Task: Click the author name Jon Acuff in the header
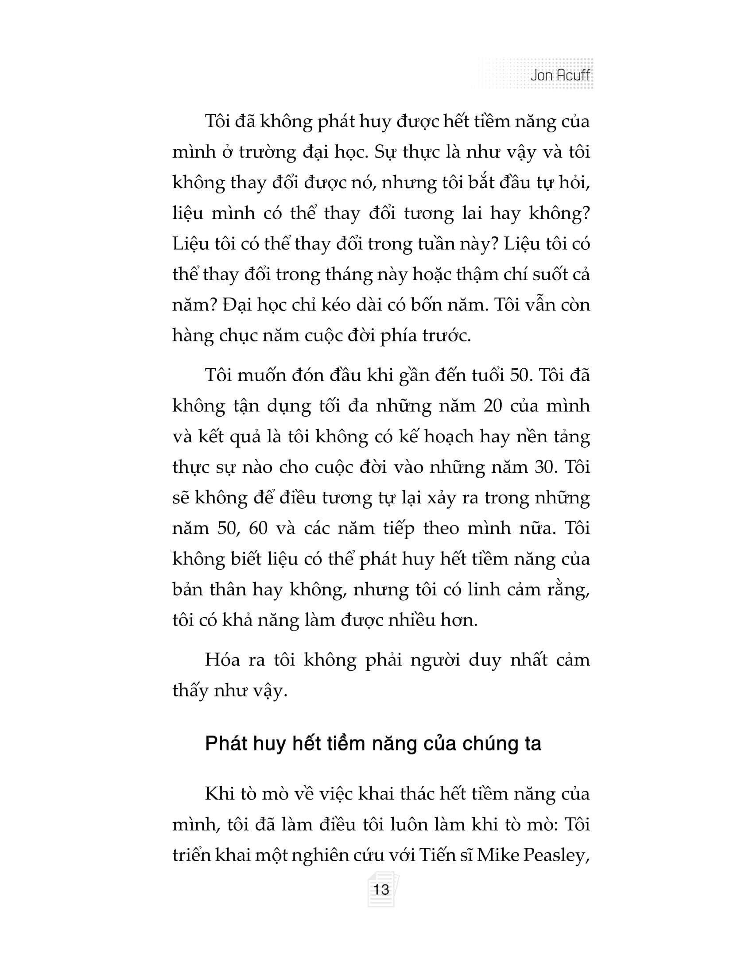(x=560, y=75)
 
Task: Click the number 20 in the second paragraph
(x=493, y=406)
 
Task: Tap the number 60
(x=258, y=528)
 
